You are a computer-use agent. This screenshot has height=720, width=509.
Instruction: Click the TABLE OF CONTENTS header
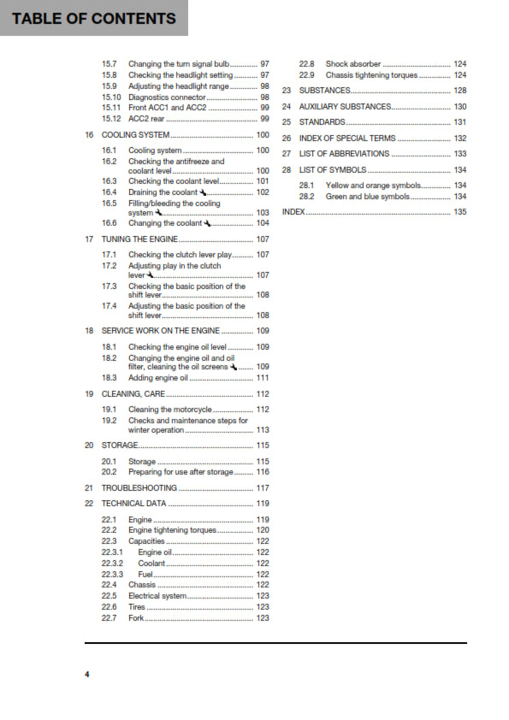94,18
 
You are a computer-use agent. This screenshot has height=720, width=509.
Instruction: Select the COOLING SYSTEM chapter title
135,135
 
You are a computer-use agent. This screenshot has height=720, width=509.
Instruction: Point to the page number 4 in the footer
86,676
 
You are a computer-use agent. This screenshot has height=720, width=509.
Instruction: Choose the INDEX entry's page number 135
459,212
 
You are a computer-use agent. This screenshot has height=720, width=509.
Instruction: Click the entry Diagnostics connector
167,97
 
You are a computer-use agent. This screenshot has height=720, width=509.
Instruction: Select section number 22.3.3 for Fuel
112,575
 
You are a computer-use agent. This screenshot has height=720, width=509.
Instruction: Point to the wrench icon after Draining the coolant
202,192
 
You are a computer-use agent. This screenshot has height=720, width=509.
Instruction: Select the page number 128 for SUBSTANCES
459,90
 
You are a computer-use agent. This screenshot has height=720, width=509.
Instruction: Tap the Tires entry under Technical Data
137,606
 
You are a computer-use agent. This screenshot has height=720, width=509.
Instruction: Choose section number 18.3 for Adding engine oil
109,378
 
